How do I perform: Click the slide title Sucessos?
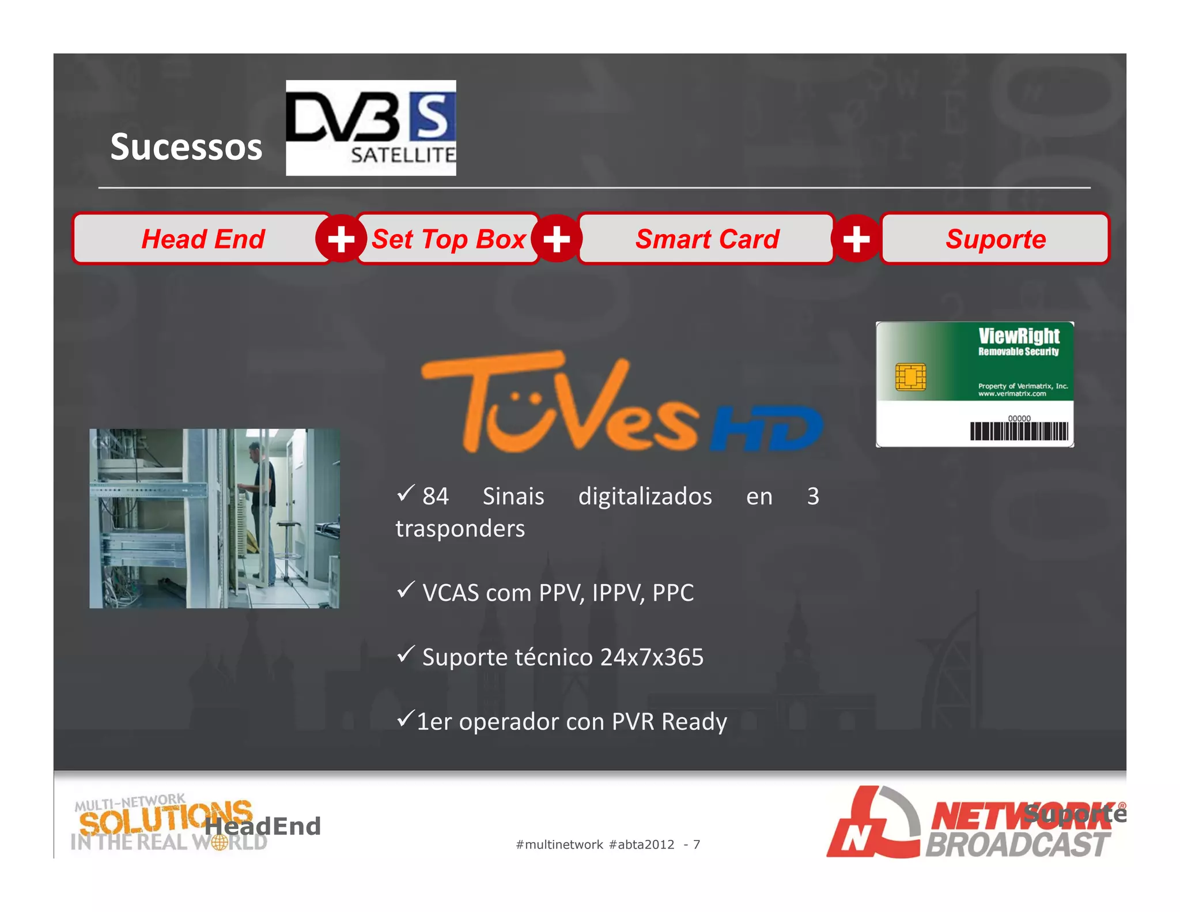pos(186,146)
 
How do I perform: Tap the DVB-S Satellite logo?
pos(370,127)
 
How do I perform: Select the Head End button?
pos(203,239)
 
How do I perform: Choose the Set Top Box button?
pos(448,239)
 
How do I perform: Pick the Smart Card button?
pos(706,239)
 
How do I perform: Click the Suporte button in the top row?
pos(995,239)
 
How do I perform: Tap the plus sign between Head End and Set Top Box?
pos(341,239)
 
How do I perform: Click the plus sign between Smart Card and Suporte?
pos(856,239)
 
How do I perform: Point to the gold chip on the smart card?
pos(910,377)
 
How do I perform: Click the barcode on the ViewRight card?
pos(1019,431)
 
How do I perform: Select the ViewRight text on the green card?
pos(1019,336)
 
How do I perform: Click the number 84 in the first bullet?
pos(435,496)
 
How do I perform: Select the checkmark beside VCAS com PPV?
pos(406,590)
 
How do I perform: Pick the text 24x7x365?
pos(652,657)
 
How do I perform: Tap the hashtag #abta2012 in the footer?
pos(641,845)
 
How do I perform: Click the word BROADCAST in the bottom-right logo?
pos(1017,845)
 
